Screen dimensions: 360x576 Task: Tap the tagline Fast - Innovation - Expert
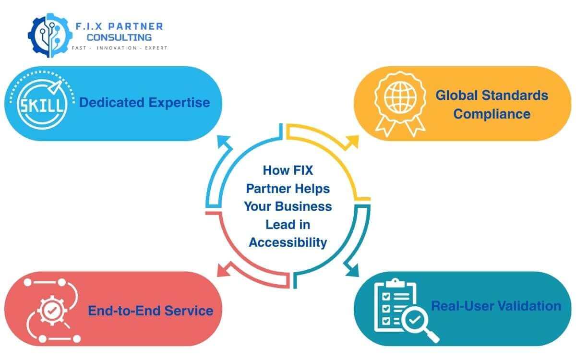click(119, 48)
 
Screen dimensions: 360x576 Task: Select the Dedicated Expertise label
click(144, 102)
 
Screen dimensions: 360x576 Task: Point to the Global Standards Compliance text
click(492, 104)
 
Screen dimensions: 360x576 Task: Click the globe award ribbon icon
click(400, 101)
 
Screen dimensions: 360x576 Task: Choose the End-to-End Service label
click(150, 311)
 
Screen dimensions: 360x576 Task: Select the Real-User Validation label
click(496, 306)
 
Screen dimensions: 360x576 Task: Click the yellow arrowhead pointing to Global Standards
click(353, 141)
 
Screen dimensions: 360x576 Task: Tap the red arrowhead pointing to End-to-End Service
click(223, 270)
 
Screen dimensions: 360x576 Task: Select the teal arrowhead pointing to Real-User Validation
click(353, 271)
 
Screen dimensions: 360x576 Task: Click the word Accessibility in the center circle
click(288, 242)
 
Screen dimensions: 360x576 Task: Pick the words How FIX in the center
click(288, 170)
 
